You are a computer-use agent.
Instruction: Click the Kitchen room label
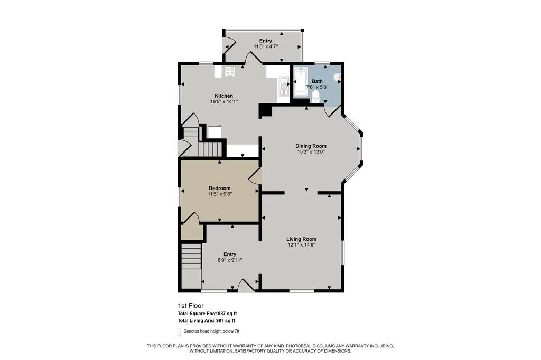[x=223, y=96]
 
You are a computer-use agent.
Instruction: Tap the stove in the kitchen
[x=230, y=71]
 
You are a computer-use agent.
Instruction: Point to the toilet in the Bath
[x=315, y=97]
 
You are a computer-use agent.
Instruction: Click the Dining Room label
[x=311, y=146]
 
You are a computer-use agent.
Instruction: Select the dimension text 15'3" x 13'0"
[x=311, y=151]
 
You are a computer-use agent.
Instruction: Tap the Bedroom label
[x=219, y=188]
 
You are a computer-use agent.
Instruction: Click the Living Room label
[x=301, y=239]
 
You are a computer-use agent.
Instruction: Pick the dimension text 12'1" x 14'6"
[x=301, y=245]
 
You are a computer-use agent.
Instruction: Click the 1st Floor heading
[x=190, y=306]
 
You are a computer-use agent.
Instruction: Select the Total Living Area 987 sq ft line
[x=207, y=320]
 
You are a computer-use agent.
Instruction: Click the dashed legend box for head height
[x=179, y=331]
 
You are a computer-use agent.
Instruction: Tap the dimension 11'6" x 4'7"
[x=266, y=46]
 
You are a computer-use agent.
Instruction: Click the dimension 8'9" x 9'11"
[x=230, y=260]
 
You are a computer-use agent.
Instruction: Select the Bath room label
[x=317, y=81]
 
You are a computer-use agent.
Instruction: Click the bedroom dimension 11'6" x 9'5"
[x=219, y=194]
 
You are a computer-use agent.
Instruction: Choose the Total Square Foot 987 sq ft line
[x=207, y=314]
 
